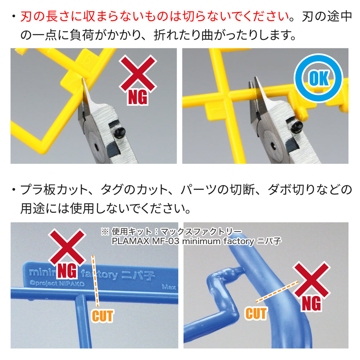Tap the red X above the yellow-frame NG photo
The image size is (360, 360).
coord(138,73)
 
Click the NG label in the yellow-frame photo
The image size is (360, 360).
coord(138,97)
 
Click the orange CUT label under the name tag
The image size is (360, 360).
coord(103,316)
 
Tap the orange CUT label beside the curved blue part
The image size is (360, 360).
coord(256,314)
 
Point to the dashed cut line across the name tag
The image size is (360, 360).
coord(95,281)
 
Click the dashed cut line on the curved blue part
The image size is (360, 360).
coord(276,292)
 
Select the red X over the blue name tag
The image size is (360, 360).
coord(67,247)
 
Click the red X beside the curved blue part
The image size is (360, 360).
coord(311,279)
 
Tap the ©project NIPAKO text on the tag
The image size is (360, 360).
coord(57,283)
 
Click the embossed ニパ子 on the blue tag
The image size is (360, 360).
coord(138,275)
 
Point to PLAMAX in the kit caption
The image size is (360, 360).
coord(130,241)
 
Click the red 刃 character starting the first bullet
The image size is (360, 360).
coord(26,17)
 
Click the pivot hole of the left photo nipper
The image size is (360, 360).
coord(96,147)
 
